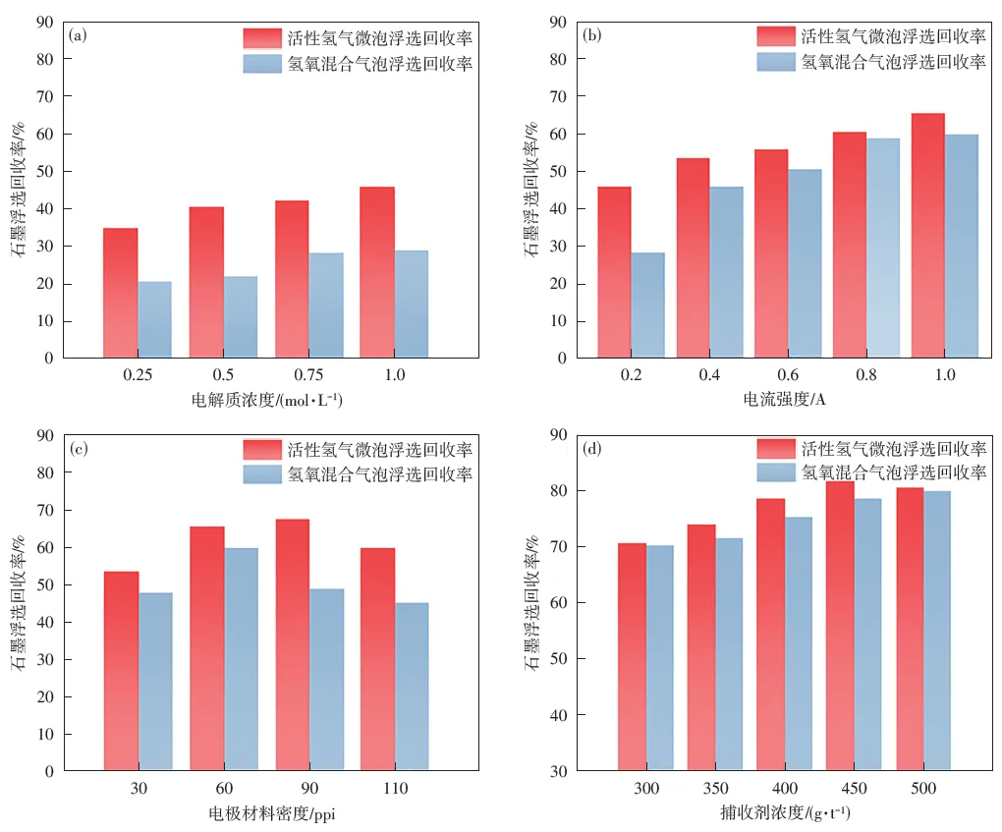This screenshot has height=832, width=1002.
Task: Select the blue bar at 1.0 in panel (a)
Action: (411, 304)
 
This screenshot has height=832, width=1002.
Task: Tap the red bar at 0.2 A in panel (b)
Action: (614, 272)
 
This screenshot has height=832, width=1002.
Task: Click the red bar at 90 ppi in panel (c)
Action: (292, 644)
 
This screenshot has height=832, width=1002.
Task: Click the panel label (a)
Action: (80, 36)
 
